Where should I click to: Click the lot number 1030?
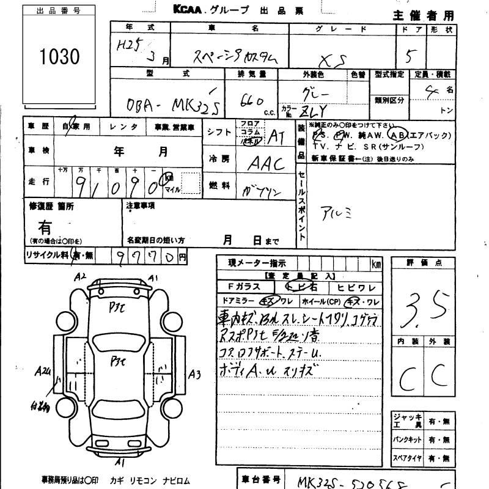[60, 57]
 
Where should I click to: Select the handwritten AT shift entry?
[276, 135]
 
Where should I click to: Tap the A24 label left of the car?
[43, 371]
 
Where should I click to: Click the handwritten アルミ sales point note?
[336, 213]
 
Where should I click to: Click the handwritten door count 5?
[413, 57]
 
